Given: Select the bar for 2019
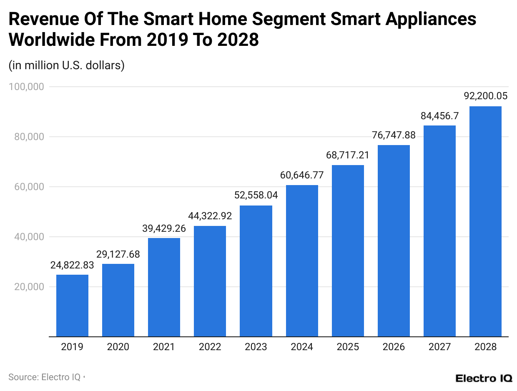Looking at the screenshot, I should tap(72, 306).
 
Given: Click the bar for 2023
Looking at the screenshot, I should tap(256, 271).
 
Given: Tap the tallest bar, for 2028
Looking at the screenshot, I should tap(485, 221).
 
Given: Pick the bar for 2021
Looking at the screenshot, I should tap(164, 287).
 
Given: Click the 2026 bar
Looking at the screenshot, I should tap(394, 241).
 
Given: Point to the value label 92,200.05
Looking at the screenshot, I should tap(485, 96).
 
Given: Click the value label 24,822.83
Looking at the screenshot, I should tap(72, 265).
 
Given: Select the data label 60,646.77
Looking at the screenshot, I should tap(302, 175).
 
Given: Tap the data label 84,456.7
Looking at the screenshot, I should tap(439, 115).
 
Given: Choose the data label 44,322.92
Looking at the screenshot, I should tap(210, 216).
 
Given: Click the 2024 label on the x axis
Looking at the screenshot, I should tap(302, 347).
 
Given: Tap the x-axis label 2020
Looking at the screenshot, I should tap(118, 347).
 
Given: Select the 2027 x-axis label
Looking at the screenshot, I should tap(439, 347).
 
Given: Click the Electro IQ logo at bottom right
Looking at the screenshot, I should tap(484, 378).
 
